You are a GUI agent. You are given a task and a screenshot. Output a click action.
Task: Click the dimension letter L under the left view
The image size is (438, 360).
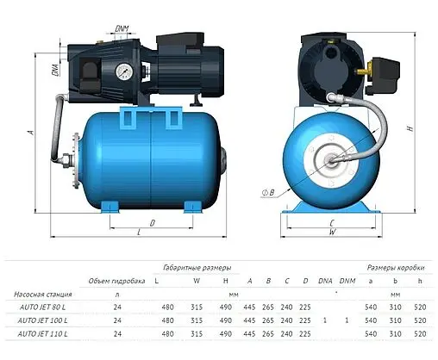coord(138,233)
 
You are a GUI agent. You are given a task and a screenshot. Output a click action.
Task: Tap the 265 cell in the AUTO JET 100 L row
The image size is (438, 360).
coord(267,320)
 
